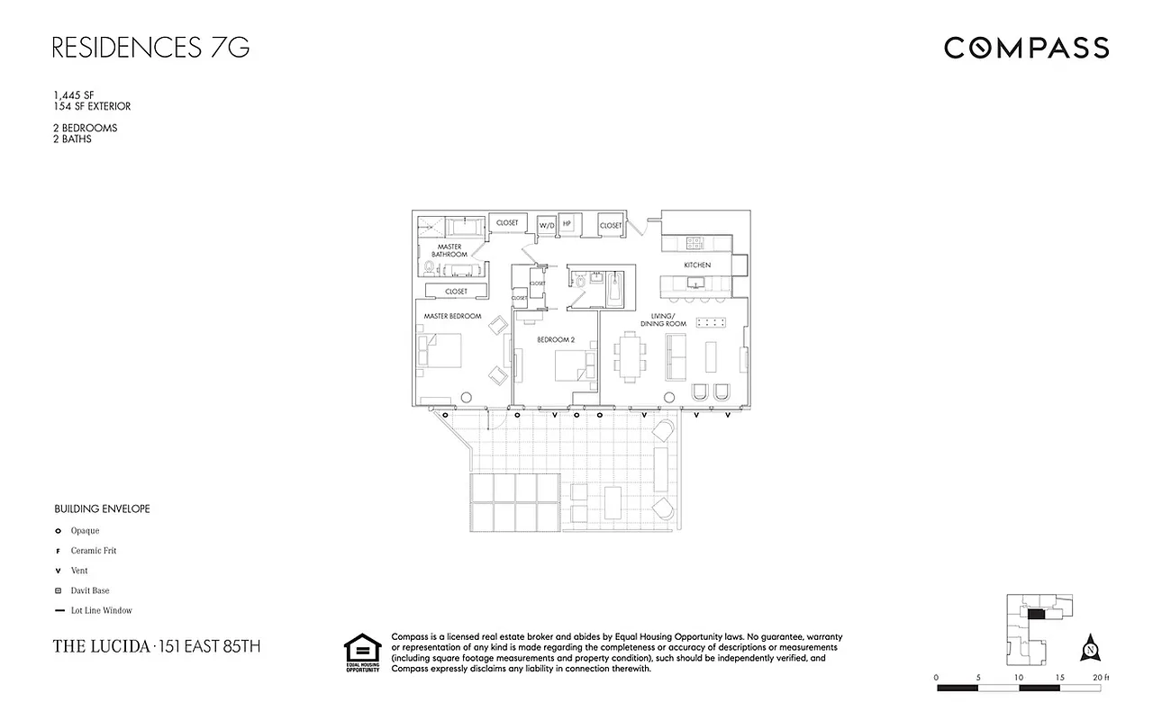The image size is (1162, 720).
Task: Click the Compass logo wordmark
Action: tap(1026, 48)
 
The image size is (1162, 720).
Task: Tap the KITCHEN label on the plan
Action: tap(697, 265)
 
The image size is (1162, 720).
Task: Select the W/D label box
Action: tap(547, 225)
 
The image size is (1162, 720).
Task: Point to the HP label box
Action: tap(567, 224)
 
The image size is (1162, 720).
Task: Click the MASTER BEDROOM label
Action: tap(453, 317)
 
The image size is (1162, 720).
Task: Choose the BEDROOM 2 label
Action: tap(556, 340)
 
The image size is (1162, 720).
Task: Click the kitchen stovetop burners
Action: tap(694, 241)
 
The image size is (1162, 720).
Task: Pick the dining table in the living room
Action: tap(631, 354)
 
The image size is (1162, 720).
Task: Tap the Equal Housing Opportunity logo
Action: tap(362, 653)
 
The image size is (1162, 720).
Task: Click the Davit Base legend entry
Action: tap(90, 590)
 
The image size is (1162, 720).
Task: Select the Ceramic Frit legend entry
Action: tap(94, 551)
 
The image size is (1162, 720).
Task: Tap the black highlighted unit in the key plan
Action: tap(1037, 615)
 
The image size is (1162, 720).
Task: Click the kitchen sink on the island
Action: tap(694, 284)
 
